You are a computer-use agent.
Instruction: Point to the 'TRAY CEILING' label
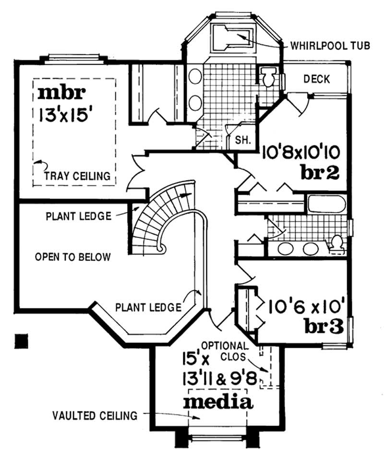78,176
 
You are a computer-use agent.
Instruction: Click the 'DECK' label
317,79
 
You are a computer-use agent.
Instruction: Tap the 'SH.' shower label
243,141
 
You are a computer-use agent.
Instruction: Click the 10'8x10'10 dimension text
301,153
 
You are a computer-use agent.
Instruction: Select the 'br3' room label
324,326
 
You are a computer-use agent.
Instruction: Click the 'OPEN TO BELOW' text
72,257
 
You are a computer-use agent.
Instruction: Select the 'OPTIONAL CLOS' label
225,351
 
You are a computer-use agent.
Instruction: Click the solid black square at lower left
22,340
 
